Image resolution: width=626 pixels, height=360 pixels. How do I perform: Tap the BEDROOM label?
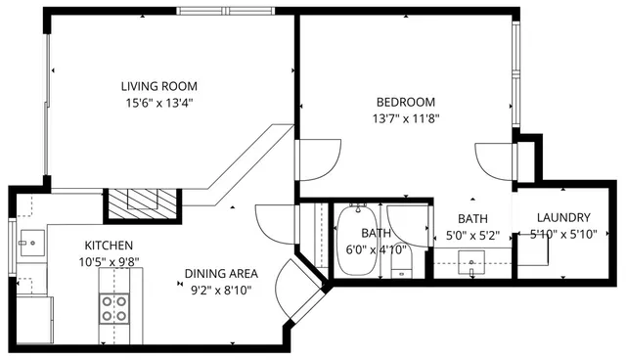tap(406, 102)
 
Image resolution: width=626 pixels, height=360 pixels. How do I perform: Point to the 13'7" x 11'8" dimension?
tap(406, 118)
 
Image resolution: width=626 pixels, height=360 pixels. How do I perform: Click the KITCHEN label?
tap(109, 245)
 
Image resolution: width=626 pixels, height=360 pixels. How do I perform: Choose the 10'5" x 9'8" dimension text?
tap(109, 261)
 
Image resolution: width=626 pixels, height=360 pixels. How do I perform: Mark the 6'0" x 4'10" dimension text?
tap(377, 249)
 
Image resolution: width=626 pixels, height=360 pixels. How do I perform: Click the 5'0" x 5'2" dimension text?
tap(472, 235)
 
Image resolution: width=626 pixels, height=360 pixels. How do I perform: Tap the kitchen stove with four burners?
tap(115, 308)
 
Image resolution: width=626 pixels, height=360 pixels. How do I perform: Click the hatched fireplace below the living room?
tap(143, 202)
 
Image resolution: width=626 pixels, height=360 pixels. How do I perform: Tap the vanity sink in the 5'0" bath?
tap(473, 261)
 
